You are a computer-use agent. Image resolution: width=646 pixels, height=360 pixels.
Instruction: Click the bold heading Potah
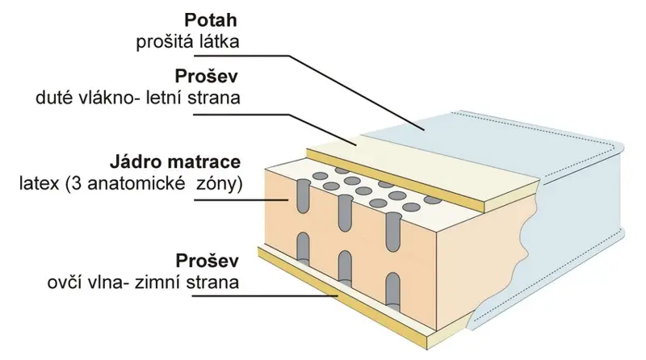coord(211,21)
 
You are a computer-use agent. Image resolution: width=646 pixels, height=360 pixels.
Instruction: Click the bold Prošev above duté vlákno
coord(207,76)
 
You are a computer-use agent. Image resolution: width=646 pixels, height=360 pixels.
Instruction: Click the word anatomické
coord(136,184)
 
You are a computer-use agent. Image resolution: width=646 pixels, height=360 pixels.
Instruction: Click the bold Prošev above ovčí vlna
coord(208,261)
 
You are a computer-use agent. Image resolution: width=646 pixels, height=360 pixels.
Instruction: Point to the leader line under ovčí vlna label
coord(266,295)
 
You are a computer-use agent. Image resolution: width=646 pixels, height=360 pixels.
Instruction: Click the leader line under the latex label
coord(241,199)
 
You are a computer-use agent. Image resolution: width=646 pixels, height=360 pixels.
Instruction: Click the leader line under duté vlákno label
coord(275,129)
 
